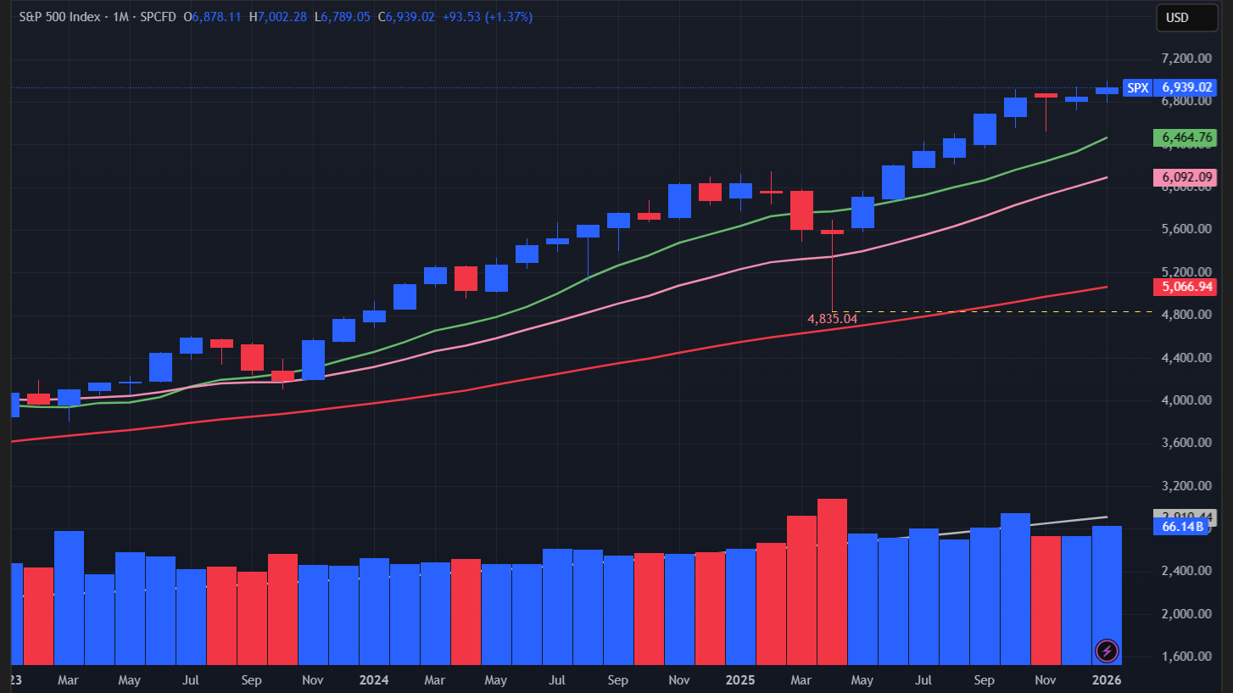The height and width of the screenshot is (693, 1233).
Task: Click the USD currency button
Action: [1177, 18]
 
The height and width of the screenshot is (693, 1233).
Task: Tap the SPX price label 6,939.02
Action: [1186, 87]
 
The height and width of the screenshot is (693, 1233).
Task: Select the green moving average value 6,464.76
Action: [1185, 137]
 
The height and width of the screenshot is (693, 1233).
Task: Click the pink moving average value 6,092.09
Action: [1185, 178]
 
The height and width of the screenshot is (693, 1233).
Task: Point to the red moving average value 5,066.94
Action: [1185, 288]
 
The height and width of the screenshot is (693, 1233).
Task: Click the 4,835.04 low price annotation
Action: [832, 319]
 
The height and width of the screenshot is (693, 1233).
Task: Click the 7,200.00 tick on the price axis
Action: [1185, 59]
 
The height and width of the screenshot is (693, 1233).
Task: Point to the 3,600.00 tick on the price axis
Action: [1185, 443]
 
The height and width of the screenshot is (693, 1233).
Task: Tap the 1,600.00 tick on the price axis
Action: [1185, 657]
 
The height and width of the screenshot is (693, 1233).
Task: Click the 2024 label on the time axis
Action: [374, 680]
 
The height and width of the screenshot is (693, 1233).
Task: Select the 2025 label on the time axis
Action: [740, 680]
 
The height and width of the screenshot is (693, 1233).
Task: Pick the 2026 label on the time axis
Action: [1107, 680]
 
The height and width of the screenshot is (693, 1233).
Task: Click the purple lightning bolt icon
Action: [1107, 651]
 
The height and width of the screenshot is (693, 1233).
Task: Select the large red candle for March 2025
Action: [801, 210]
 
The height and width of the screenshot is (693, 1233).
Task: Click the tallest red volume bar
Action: [832, 581]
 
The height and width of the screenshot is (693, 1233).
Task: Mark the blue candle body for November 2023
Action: [313, 360]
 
